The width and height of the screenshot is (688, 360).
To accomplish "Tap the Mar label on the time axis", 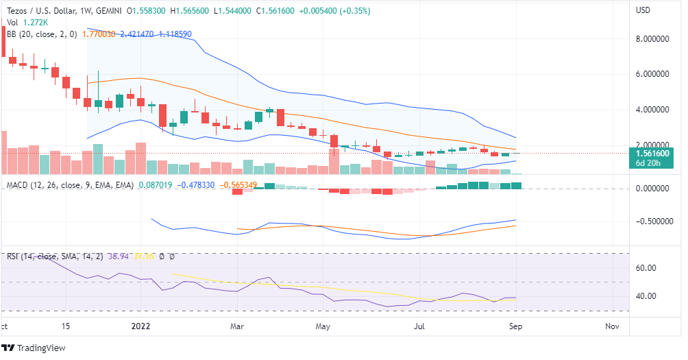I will click(x=238, y=327).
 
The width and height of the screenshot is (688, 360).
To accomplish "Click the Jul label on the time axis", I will click(x=419, y=327).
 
